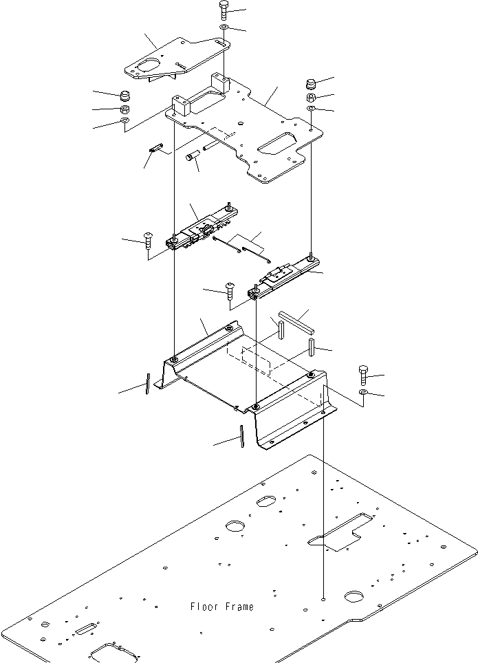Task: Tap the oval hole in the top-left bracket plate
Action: click(x=146, y=66)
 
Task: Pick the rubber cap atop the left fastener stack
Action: click(x=125, y=95)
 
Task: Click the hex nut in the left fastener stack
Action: click(x=125, y=109)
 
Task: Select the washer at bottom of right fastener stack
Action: click(x=311, y=109)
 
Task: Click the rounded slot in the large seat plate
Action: click(x=274, y=145)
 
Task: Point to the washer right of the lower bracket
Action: click(x=363, y=393)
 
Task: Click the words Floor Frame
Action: click(x=221, y=607)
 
